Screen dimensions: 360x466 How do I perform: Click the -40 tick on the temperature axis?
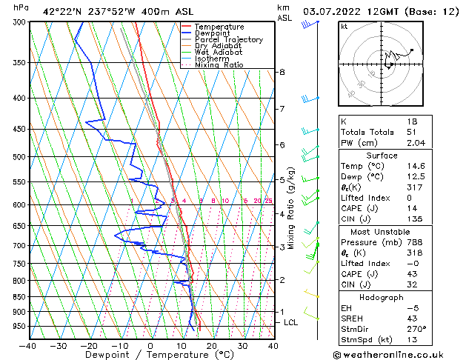tap(28, 346)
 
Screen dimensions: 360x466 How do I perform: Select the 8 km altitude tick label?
tap(282, 72)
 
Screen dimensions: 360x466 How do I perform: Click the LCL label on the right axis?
tap(290, 323)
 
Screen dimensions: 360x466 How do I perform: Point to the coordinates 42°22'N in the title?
tap(63, 11)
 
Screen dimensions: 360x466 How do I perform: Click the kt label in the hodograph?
tap(344, 26)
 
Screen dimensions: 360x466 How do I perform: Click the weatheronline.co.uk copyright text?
tap(399, 354)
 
